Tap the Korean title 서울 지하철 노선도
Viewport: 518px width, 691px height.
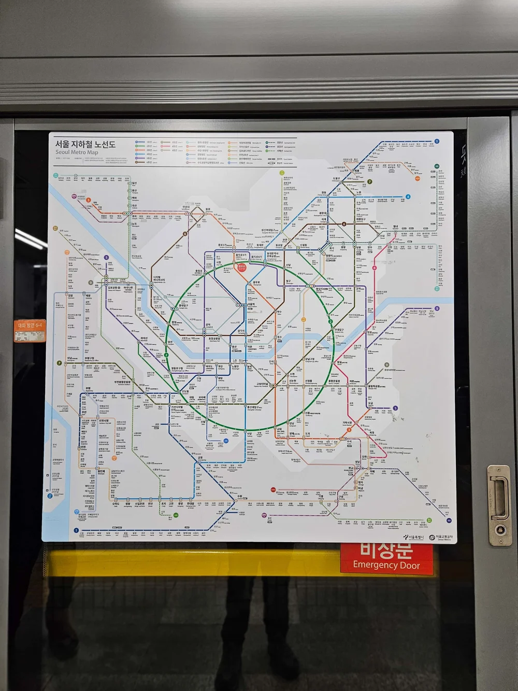85,144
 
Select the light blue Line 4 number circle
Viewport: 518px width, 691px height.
408,197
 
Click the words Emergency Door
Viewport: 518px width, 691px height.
386,565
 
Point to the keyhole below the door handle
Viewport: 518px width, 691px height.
500,529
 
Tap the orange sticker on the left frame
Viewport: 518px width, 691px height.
30,330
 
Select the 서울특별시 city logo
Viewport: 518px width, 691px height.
413,538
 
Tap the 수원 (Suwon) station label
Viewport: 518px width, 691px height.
239,497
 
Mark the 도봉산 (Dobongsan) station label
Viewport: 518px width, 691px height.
336,178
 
